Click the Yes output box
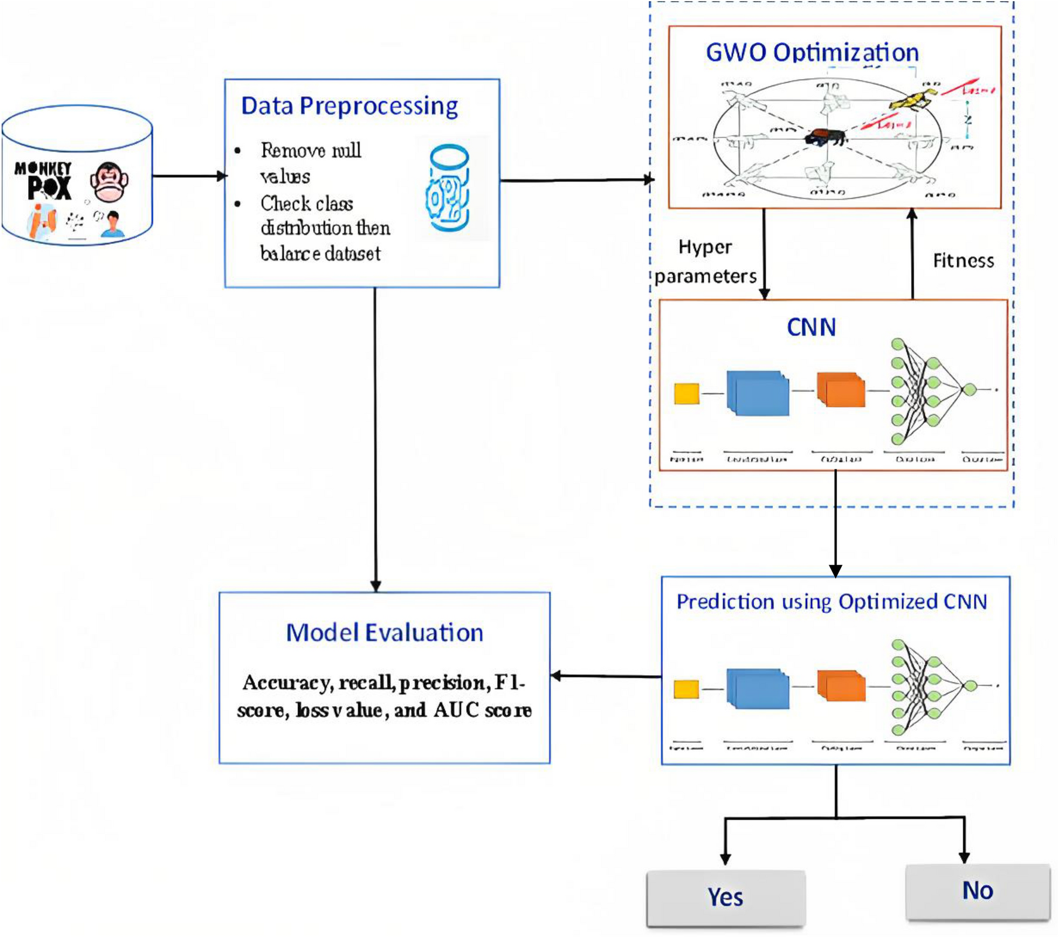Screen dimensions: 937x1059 725,898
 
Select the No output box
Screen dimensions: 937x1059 978,891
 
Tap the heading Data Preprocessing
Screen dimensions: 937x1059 349,106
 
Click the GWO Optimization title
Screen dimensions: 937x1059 812,53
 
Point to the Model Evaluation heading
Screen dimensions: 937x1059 384,633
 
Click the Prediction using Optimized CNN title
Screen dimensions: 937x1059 832,602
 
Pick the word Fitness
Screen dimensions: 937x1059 963,261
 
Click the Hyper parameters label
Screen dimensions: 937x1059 705,262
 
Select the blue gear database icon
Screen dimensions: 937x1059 449,188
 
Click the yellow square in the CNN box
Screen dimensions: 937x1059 686,393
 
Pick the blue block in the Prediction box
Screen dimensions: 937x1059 757,688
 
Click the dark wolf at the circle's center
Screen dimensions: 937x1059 824,137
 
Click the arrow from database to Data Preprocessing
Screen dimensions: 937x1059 188,176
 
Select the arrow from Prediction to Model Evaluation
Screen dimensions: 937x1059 605,676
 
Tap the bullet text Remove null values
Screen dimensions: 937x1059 311,163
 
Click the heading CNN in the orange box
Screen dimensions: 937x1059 811,328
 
